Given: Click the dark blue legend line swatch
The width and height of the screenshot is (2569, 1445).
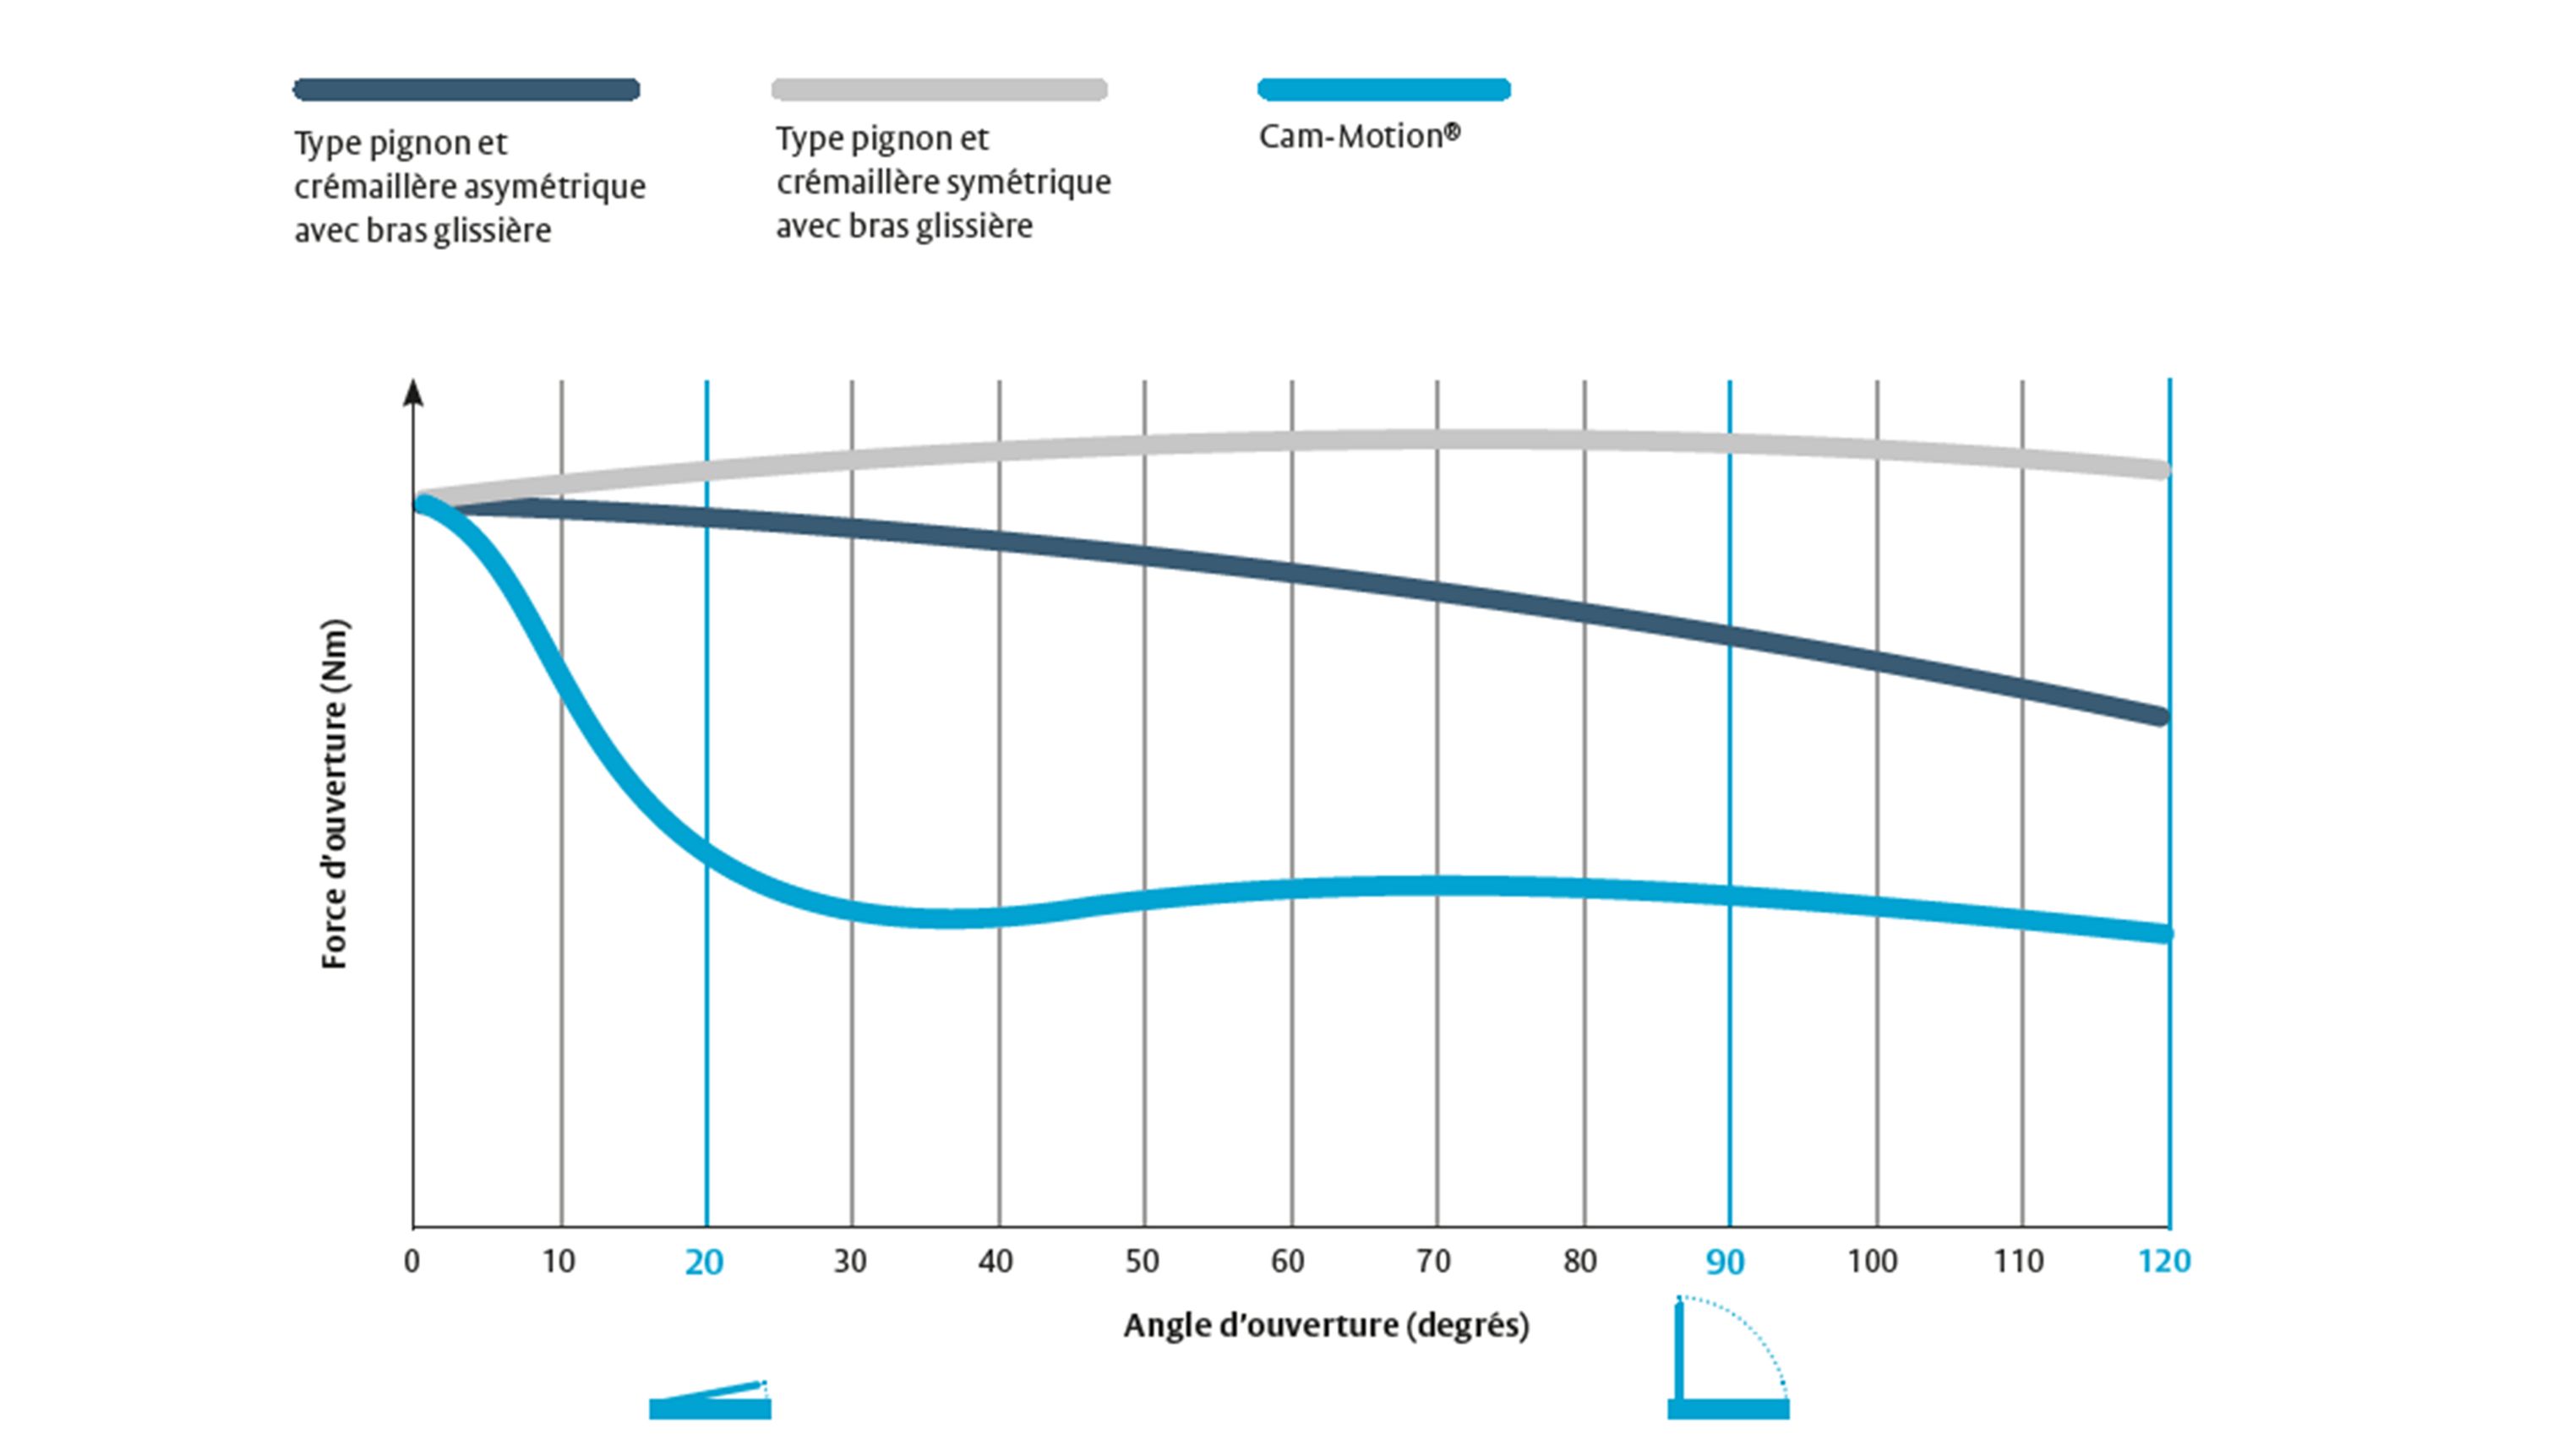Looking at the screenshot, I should point(466,90).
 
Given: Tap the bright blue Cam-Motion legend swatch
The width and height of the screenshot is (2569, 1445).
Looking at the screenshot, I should point(1383,90).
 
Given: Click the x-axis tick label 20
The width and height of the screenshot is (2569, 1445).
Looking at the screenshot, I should point(704,1262).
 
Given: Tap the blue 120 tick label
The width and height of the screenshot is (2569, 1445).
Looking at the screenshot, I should point(2164,1262).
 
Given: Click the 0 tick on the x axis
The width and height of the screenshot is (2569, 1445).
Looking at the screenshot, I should point(412,1262).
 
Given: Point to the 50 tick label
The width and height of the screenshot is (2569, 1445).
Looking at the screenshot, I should point(1142,1262).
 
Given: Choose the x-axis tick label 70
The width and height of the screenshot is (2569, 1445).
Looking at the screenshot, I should point(1433,1262).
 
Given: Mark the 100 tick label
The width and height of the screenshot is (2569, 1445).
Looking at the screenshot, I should point(1872,1262).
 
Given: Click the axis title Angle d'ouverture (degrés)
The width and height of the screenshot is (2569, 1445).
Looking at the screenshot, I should point(1327,1325).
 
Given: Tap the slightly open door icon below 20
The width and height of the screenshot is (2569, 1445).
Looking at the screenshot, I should point(710,1400).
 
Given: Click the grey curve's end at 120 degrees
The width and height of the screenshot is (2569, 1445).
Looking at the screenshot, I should point(2160,470).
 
